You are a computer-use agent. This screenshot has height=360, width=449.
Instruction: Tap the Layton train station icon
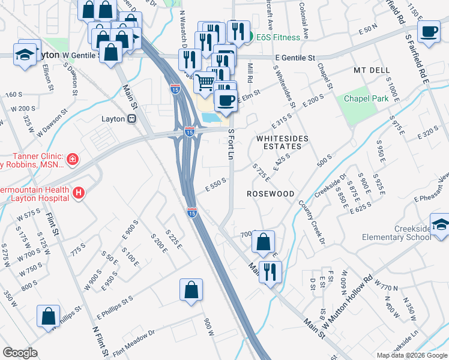tap(131, 118)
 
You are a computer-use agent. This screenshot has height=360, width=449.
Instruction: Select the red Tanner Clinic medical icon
tap(72, 159)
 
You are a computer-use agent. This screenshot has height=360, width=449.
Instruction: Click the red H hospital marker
tap(77, 193)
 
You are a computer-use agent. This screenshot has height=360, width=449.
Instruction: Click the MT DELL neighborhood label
tap(372, 70)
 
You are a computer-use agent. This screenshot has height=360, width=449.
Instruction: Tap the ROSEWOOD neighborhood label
tap(271, 194)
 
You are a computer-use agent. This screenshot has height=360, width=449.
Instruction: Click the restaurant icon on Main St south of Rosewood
tap(270, 272)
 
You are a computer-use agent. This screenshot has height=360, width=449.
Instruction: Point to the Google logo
tap(20, 353)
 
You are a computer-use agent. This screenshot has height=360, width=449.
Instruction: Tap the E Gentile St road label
tap(295, 58)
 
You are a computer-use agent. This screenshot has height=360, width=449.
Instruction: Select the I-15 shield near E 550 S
tap(192, 212)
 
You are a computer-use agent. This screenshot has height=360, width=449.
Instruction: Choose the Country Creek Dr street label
tap(312, 221)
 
